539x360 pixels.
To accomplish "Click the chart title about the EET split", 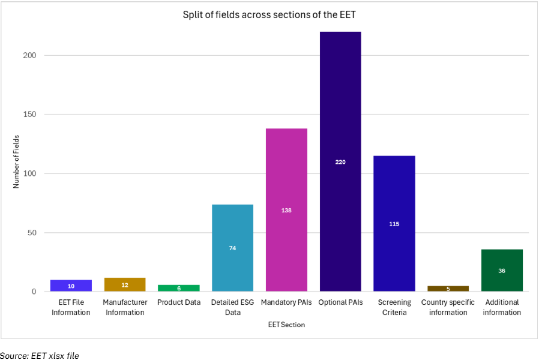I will point(269,14).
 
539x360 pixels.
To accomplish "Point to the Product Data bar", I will point(179,288).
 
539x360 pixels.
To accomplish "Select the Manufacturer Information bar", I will point(125,285).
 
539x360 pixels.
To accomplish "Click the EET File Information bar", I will point(71,286).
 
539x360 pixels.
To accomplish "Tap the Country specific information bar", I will point(448,289).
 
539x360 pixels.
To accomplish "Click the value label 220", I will point(340,162).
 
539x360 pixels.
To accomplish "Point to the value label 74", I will point(232,248).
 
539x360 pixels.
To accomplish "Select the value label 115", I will point(394,224).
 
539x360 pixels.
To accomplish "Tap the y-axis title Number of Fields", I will point(17,160).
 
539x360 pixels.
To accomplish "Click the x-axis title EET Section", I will point(286,325).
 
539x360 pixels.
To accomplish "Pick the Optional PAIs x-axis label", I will point(340,302).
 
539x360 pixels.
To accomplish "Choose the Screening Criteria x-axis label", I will point(394,307).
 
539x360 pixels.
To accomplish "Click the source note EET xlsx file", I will point(40,355).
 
